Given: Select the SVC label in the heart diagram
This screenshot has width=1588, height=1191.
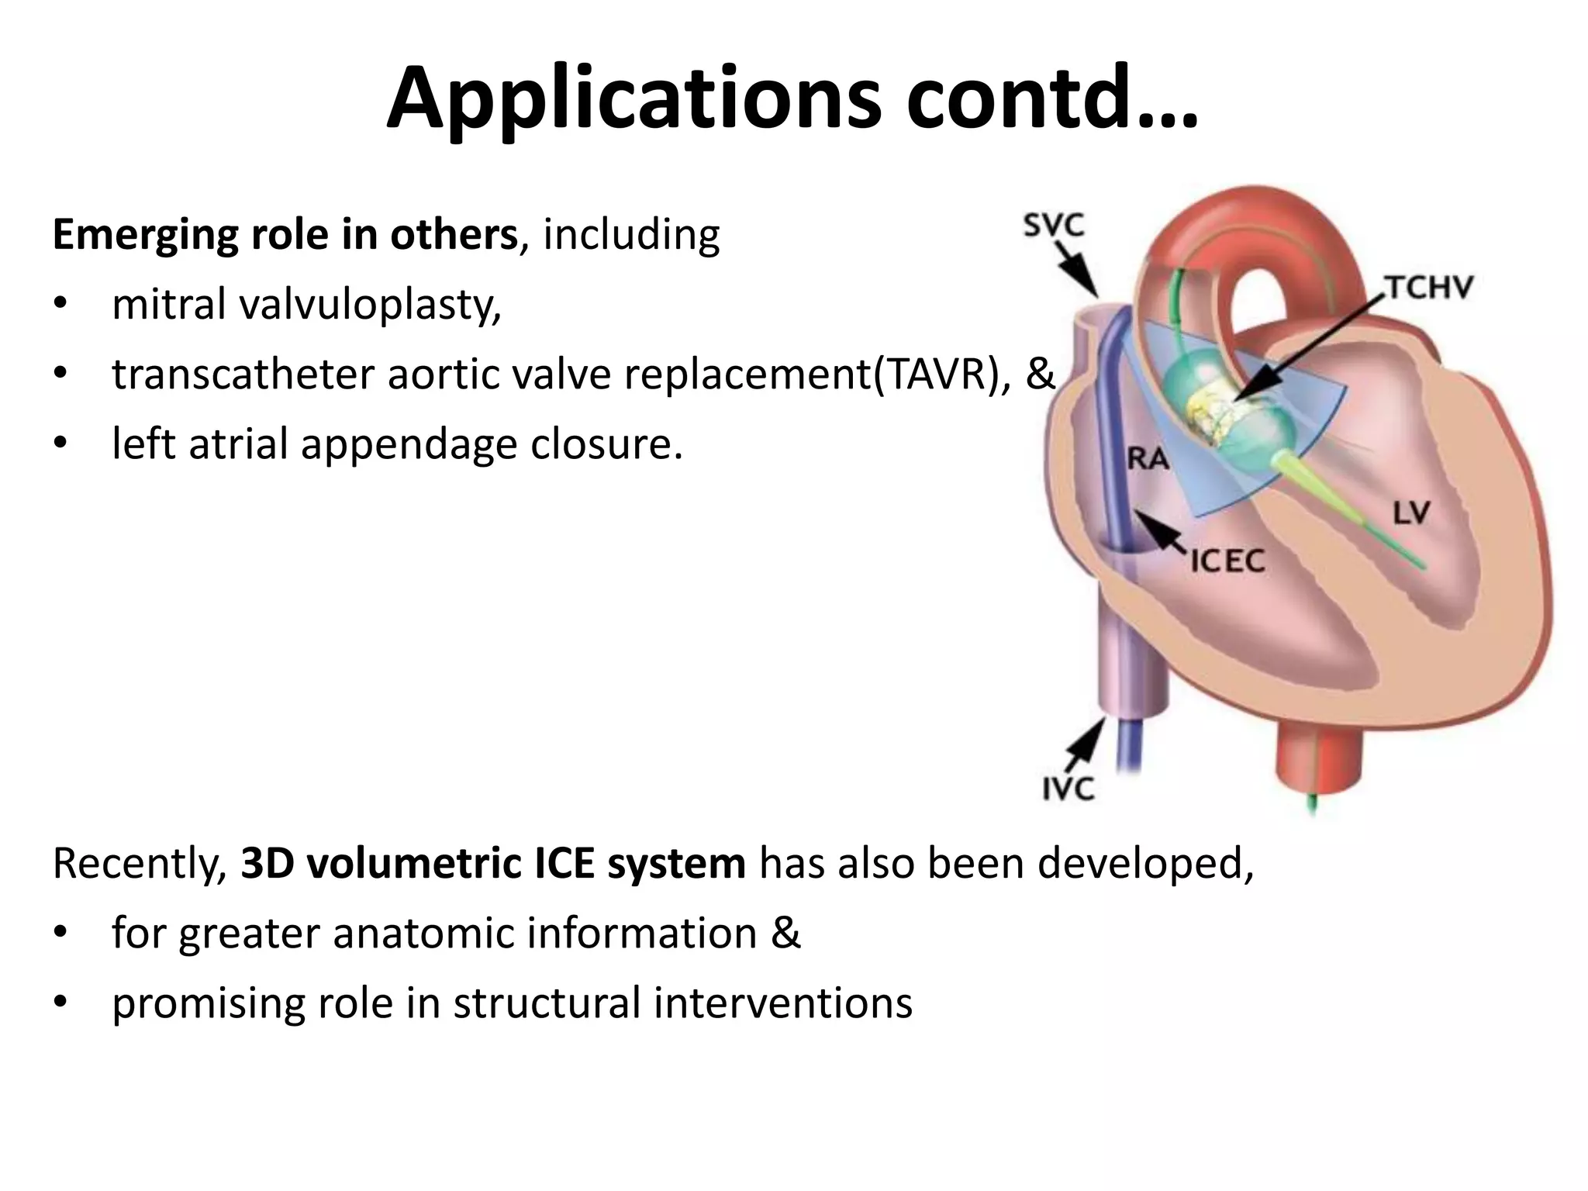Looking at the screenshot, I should click(1053, 226).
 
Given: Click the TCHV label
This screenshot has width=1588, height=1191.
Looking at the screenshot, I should click(1429, 288).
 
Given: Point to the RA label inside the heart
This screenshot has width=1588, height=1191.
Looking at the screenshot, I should click(1148, 459).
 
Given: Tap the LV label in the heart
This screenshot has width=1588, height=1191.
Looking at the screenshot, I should click(1411, 513).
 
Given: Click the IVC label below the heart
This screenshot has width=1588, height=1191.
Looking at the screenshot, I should click(1068, 789).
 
